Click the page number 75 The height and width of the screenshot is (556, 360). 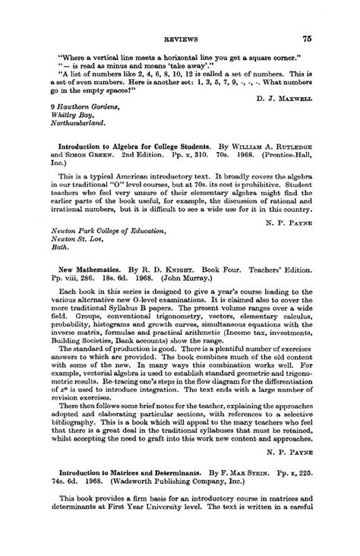[307, 38]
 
